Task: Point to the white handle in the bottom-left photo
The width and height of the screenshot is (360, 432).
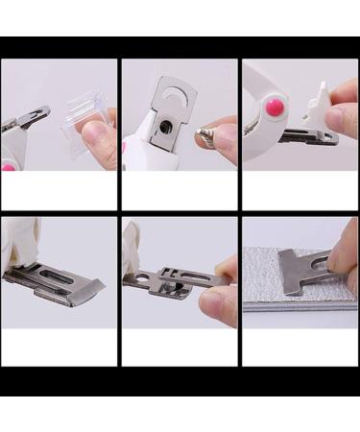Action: pos(21,240)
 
